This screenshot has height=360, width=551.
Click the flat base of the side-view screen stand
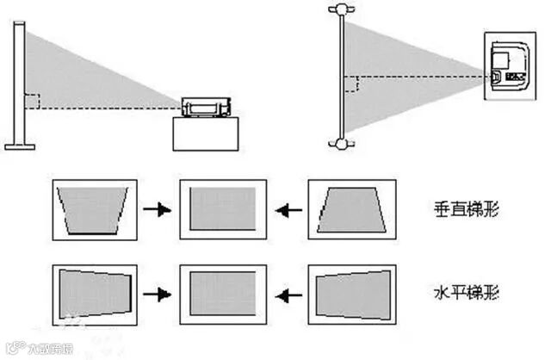(19, 146)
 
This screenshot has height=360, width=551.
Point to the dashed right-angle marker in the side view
(32, 101)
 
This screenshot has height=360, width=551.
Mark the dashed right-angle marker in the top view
(351, 84)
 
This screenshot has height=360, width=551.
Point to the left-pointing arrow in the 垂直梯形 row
(288, 209)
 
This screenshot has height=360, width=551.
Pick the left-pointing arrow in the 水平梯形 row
(288, 294)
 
